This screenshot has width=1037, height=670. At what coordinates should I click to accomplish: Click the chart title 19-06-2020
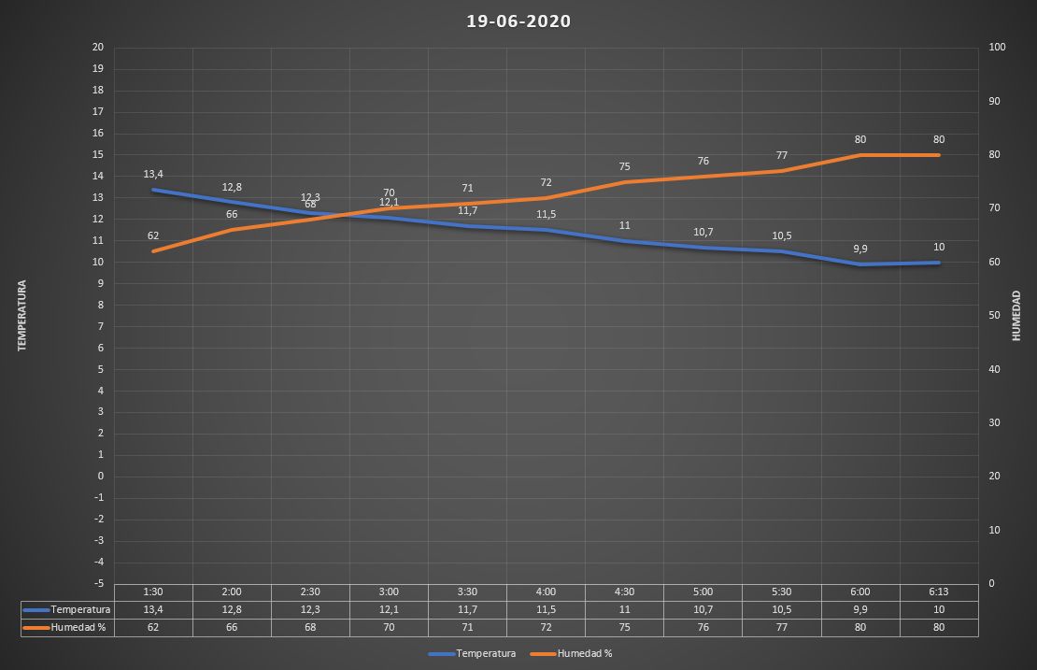tap(518, 21)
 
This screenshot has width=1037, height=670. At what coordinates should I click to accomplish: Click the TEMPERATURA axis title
tap(21, 315)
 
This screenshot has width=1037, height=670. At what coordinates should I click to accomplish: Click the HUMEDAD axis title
tap(1016, 315)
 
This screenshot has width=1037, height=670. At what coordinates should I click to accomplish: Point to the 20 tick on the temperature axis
tap(97, 48)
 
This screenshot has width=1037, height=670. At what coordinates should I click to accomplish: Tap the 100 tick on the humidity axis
tap(997, 48)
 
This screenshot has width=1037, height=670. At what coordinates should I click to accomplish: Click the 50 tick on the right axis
tap(994, 316)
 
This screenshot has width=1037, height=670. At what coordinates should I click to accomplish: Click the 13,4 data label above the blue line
tap(153, 174)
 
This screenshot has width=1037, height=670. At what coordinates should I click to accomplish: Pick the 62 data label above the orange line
tap(153, 235)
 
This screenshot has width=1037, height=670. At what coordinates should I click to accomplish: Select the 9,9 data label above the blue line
tap(860, 249)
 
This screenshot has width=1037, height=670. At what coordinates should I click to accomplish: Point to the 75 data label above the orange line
tap(624, 166)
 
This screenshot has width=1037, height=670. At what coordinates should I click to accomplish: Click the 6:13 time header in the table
tap(939, 592)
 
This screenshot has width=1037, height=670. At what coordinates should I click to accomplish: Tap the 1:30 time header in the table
tap(153, 592)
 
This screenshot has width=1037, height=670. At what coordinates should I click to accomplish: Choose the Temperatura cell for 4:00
tap(546, 609)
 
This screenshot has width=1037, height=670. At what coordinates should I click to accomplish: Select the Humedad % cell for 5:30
tap(782, 628)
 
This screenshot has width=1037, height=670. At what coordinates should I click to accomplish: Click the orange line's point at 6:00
tap(860, 155)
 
